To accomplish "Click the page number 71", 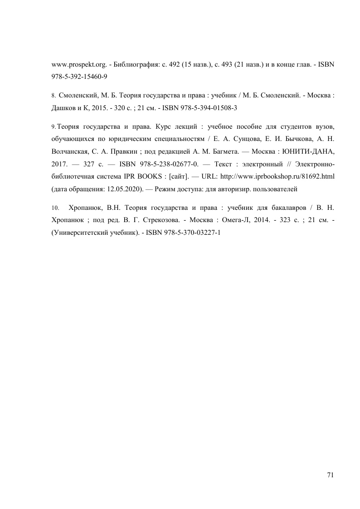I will pos(330,475).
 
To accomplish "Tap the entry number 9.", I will pos(54,126).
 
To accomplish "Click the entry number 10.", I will pos(55,208).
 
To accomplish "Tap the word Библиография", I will pos(131,64).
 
